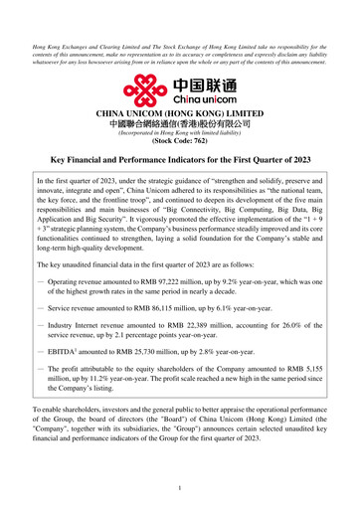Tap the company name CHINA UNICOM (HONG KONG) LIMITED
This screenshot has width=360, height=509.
pyautogui.click(x=180, y=114)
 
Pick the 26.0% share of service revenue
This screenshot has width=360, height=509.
pyautogui.click(x=292, y=325)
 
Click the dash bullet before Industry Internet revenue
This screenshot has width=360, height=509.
pyautogui.click(x=40, y=325)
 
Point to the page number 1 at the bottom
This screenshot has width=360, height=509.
pyautogui.click(x=180, y=488)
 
